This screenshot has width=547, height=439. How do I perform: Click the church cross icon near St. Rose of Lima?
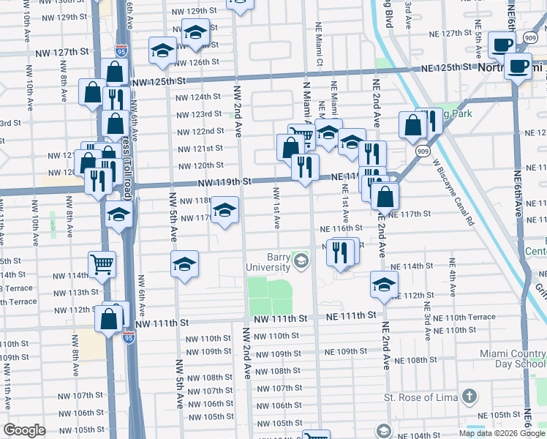(469, 397)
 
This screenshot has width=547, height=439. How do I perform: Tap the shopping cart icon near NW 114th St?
(102, 264)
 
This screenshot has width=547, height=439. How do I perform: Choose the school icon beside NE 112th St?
(384, 285)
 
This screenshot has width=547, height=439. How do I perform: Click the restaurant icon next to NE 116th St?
(341, 252)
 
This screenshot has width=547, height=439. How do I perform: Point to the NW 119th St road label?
(227, 181)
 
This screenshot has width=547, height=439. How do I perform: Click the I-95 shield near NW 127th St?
(121, 51)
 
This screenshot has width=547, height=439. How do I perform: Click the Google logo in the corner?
(25, 430)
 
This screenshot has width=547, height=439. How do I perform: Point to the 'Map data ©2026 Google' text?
(501, 433)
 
